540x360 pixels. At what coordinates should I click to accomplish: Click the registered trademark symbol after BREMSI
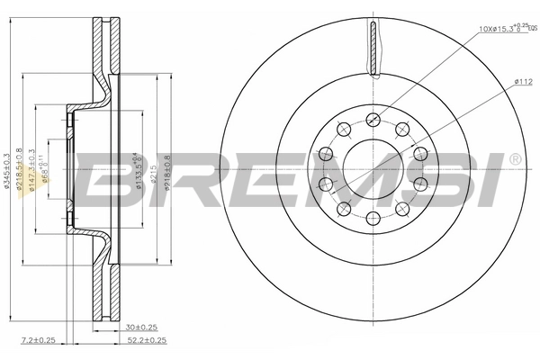(x=515, y=159)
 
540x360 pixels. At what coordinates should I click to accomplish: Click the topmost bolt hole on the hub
(x=373, y=117)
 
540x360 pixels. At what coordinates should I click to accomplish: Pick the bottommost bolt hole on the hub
(x=373, y=217)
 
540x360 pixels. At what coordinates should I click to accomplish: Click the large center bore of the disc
(x=373, y=167)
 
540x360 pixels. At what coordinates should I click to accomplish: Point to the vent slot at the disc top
(x=373, y=49)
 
